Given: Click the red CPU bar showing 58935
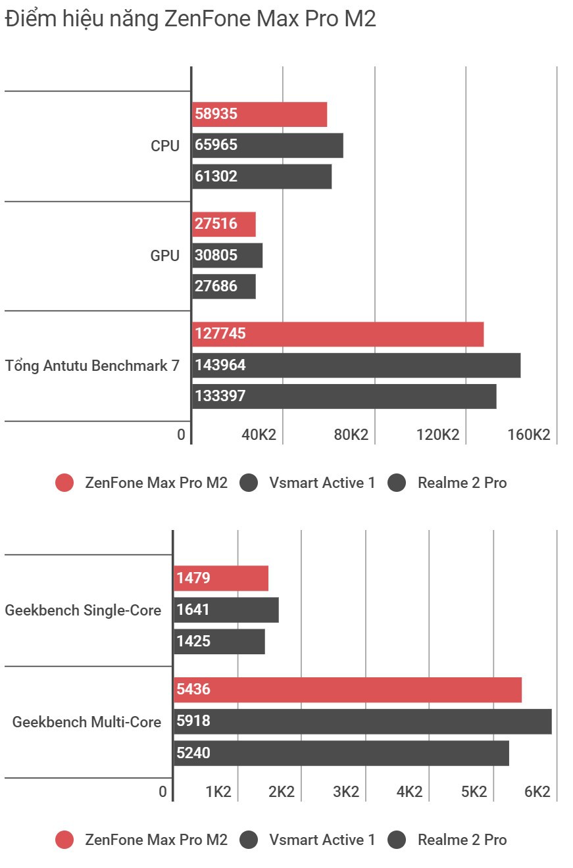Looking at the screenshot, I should tap(259, 114).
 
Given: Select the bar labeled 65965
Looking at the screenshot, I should tap(267, 145).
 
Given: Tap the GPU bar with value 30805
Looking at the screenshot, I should tap(227, 255).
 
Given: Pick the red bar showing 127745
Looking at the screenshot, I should tap(337, 334).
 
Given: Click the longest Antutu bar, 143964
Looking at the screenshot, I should tap(356, 365).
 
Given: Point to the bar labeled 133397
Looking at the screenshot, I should tap(344, 396).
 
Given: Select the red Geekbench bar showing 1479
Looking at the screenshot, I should tap(221, 579).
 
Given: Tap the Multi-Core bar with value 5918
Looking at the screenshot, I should tap(362, 721).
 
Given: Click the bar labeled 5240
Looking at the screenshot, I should tap(341, 753).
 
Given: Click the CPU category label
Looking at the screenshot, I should tap(165, 146).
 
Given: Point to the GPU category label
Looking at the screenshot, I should tap(165, 256).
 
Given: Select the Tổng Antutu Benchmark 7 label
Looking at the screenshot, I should tap(92, 366).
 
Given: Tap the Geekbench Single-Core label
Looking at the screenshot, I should tap(83, 610).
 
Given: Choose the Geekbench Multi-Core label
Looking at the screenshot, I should tap(87, 722).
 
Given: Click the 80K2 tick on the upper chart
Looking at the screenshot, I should tap(351, 435).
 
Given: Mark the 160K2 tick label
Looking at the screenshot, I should tap(528, 435).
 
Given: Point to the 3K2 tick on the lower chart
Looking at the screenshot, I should tap(345, 792).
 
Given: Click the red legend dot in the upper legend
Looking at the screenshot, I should tap(64, 483).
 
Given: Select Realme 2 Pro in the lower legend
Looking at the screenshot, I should tap(462, 840).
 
